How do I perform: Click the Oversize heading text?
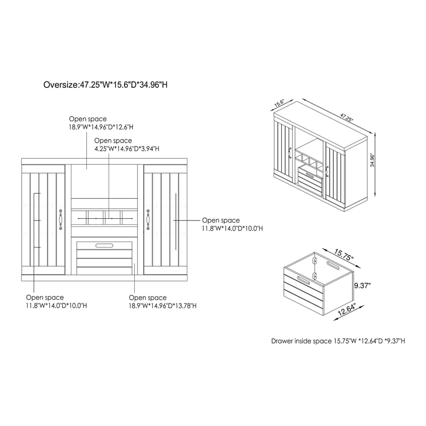tap(105, 85)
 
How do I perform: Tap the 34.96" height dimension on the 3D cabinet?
tap(372, 160)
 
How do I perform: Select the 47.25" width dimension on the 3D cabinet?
tap(346, 117)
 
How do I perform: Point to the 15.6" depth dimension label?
tap(279, 103)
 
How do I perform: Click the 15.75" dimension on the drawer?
tap(343, 255)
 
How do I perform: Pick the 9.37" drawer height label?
tap(363, 285)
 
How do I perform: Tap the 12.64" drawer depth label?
tap(347, 310)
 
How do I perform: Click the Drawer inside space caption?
tap(338, 341)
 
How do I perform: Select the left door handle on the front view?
tap(61, 219)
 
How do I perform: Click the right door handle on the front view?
tap(148, 219)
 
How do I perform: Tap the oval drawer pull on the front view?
tap(104, 245)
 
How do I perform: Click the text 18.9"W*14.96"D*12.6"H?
tap(101, 127)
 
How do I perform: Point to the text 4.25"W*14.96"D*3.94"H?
tap(127, 149)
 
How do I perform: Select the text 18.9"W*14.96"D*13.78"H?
tap(162, 306)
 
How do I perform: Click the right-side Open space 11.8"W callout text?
tap(232, 224)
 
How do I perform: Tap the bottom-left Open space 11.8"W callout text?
tap(56, 301)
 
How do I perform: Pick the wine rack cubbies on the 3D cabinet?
tap(310, 160)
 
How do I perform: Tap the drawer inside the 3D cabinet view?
tap(310, 179)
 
